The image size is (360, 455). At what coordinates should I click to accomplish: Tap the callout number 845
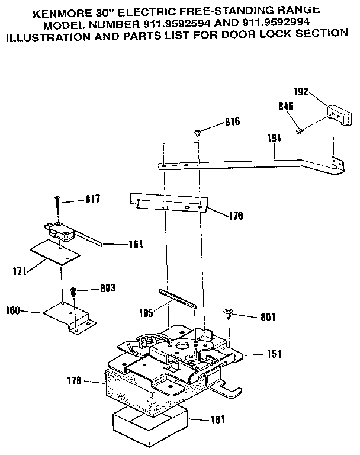pyautogui.click(x=286, y=107)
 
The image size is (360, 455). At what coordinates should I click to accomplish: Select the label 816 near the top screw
pyautogui.click(x=233, y=122)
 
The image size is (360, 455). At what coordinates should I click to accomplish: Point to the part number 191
pyautogui.click(x=274, y=137)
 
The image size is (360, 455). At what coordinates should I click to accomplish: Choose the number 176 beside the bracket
pyautogui.click(x=235, y=216)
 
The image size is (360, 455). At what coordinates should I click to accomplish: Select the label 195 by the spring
pyautogui.click(x=145, y=312)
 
